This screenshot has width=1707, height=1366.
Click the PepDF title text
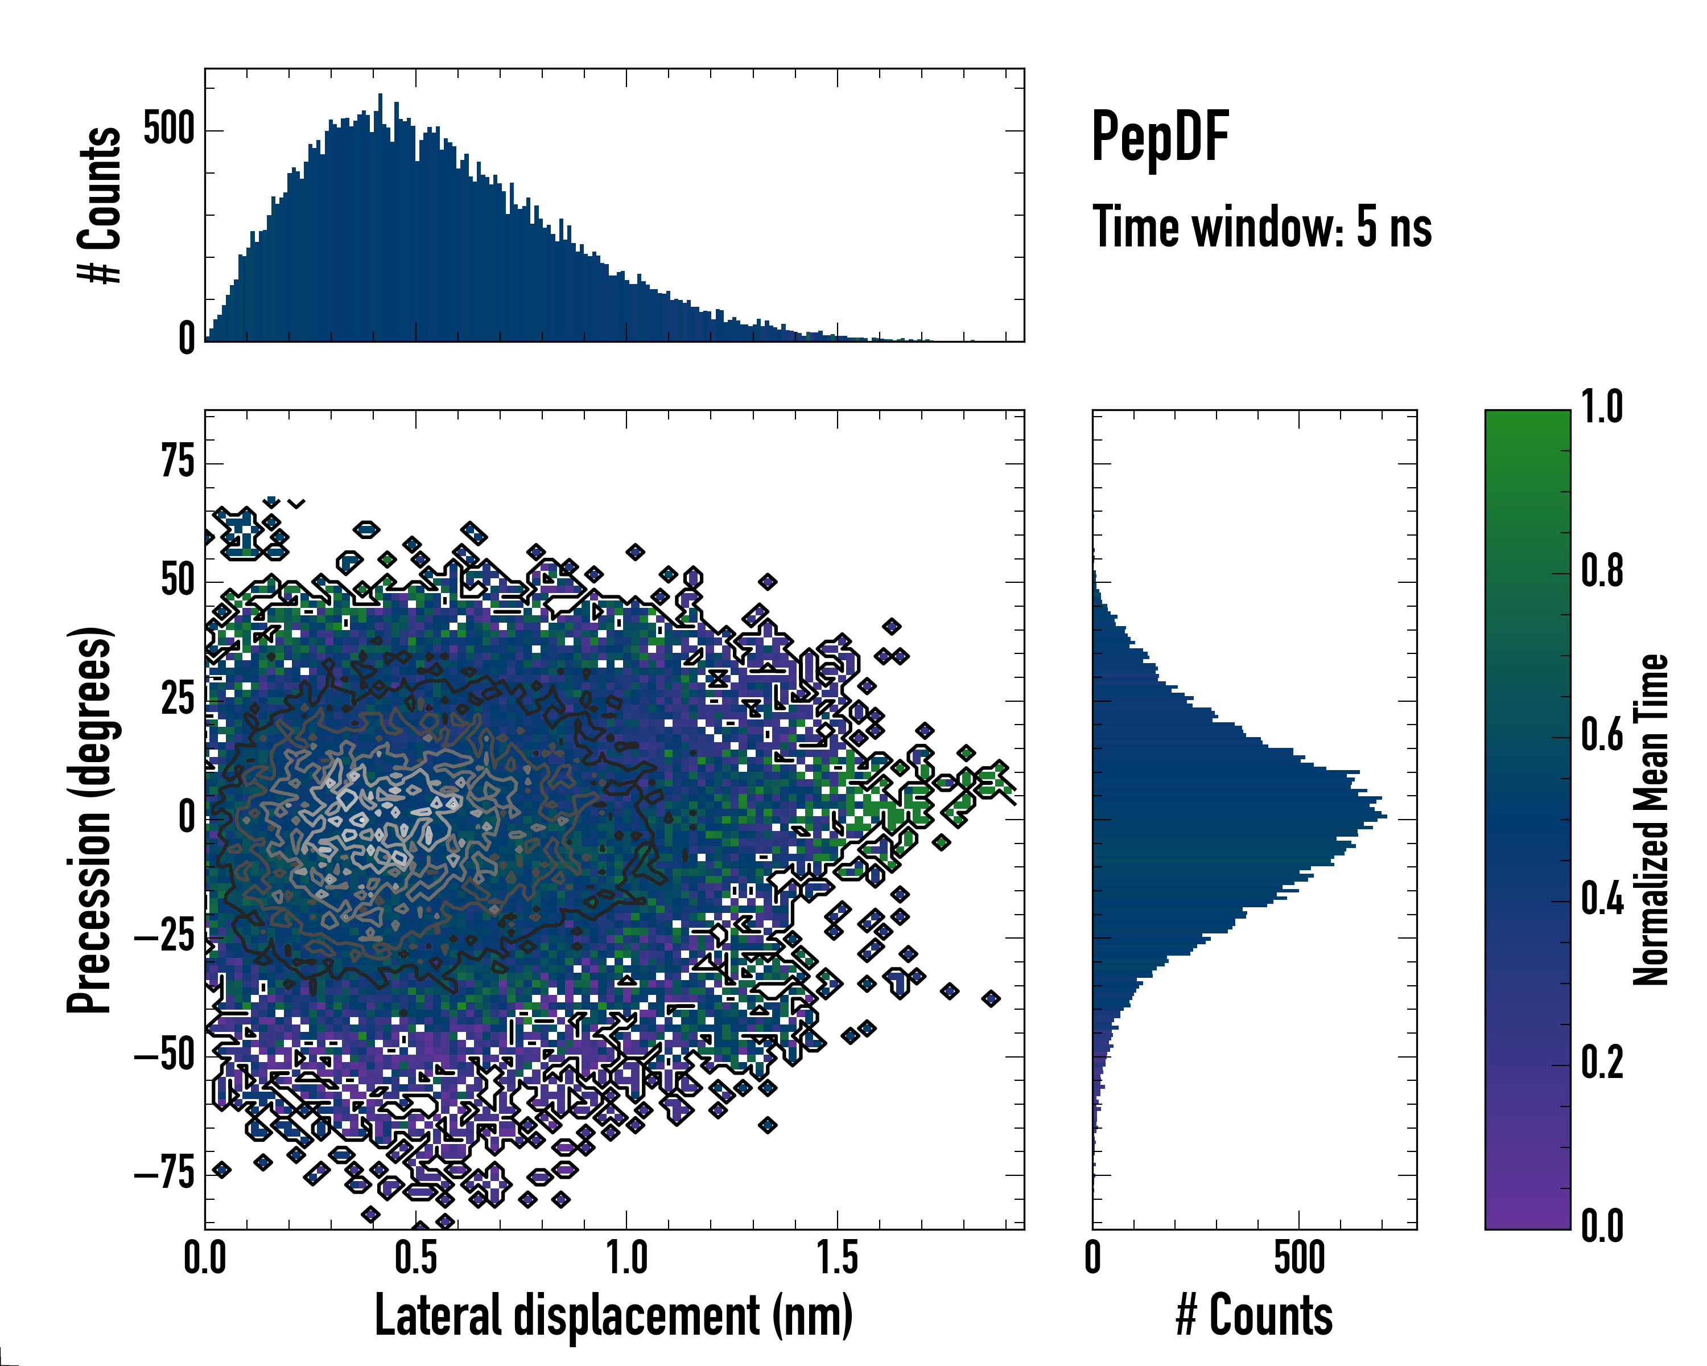(1160, 138)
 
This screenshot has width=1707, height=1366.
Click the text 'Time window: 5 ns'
(1262, 227)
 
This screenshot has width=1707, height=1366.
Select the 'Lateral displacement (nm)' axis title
(613, 1315)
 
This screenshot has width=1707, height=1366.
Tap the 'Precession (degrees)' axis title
(89, 820)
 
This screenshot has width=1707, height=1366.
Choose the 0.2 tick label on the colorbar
(1602, 1063)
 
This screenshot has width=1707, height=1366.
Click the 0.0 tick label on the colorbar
(1602, 1227)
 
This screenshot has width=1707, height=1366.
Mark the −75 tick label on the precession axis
(164, 1174)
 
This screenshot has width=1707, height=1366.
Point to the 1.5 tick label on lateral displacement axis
(837, 1258)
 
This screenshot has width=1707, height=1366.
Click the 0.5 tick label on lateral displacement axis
(416, 1258)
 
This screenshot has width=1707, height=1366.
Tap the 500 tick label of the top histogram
(168, 129)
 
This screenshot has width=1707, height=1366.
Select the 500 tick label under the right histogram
(1298, 1258)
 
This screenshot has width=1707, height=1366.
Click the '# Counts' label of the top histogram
(100, 205)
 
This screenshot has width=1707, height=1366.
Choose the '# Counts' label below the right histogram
(1254, 1315)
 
